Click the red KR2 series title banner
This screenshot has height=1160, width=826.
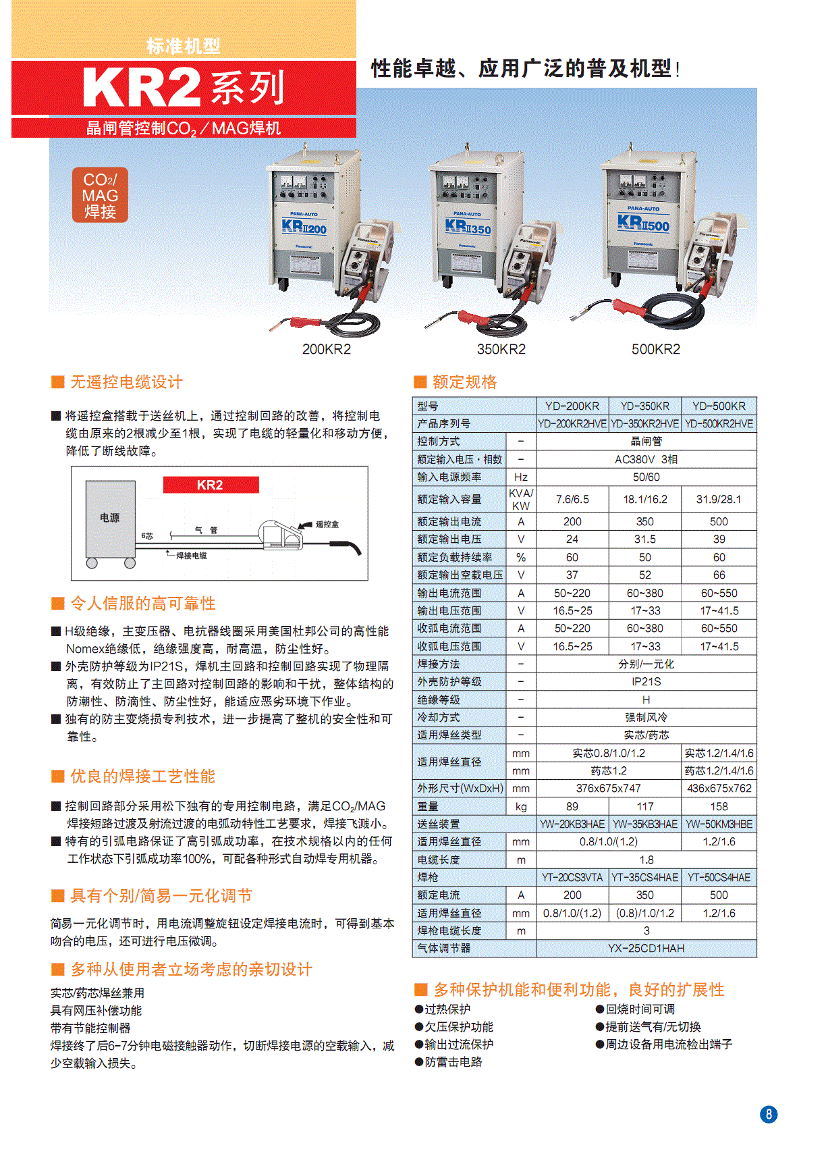(x=184, y=88)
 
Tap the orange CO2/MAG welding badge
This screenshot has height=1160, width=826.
(x=100, y=195)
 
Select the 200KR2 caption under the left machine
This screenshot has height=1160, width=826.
(x=327, y=349)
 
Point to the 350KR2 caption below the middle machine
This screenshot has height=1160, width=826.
(x=501, y=349)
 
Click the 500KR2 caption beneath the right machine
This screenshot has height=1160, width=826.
(x=655, y=349)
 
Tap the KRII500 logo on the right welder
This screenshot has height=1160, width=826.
(x=643, y=223)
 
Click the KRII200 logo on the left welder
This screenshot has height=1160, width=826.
(x=304, y=227)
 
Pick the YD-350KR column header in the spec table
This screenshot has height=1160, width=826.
(x=644, y=406)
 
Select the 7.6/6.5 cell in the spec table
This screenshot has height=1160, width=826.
(x=572, y=499)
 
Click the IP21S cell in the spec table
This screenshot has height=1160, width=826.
(x=646, y=681)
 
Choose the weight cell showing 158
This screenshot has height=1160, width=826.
(x=719, y=806)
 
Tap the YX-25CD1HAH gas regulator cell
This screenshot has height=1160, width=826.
(x=646, y=948)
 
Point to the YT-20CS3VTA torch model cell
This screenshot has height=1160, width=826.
(x=572, y=877)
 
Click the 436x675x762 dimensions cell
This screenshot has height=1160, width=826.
(x=719, y=788)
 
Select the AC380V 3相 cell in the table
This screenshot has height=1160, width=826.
(x=646, y=459)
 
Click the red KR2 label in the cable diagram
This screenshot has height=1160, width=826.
(x=211, y=485)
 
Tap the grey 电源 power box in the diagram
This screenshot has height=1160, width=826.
(x=110, y=519)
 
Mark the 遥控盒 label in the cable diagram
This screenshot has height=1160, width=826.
(x=327, y=524)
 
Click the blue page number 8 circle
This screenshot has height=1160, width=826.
(x=769, y=1114)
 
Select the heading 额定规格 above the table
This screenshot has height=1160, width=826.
(x=464, y=382)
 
